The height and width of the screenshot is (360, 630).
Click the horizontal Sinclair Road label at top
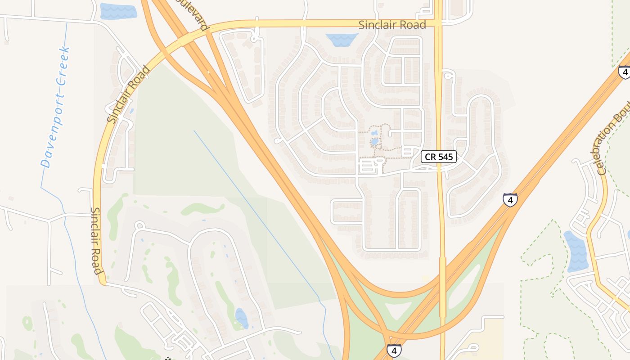click(x=392, y=25)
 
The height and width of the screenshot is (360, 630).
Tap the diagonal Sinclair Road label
click(x=129, y=94)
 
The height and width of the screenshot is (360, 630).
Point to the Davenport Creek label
click(x=56, y=107)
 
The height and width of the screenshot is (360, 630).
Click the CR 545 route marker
click(x=439, y=157)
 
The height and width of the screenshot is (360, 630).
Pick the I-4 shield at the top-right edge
click(x=624, y=72)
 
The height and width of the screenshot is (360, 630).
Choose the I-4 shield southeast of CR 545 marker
click(x=510, y=199)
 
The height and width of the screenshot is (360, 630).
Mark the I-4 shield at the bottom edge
click(x=394, y=350)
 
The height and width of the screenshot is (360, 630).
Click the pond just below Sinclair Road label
click(x=342, y=40)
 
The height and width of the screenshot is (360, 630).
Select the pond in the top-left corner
click(x=118, y=11)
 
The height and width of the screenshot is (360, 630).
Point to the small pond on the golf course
click(x=241, y=318)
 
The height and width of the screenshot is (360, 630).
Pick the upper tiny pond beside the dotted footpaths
click(x=374, y=133)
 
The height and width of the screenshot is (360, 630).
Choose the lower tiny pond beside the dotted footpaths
click(x=374, y=142)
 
